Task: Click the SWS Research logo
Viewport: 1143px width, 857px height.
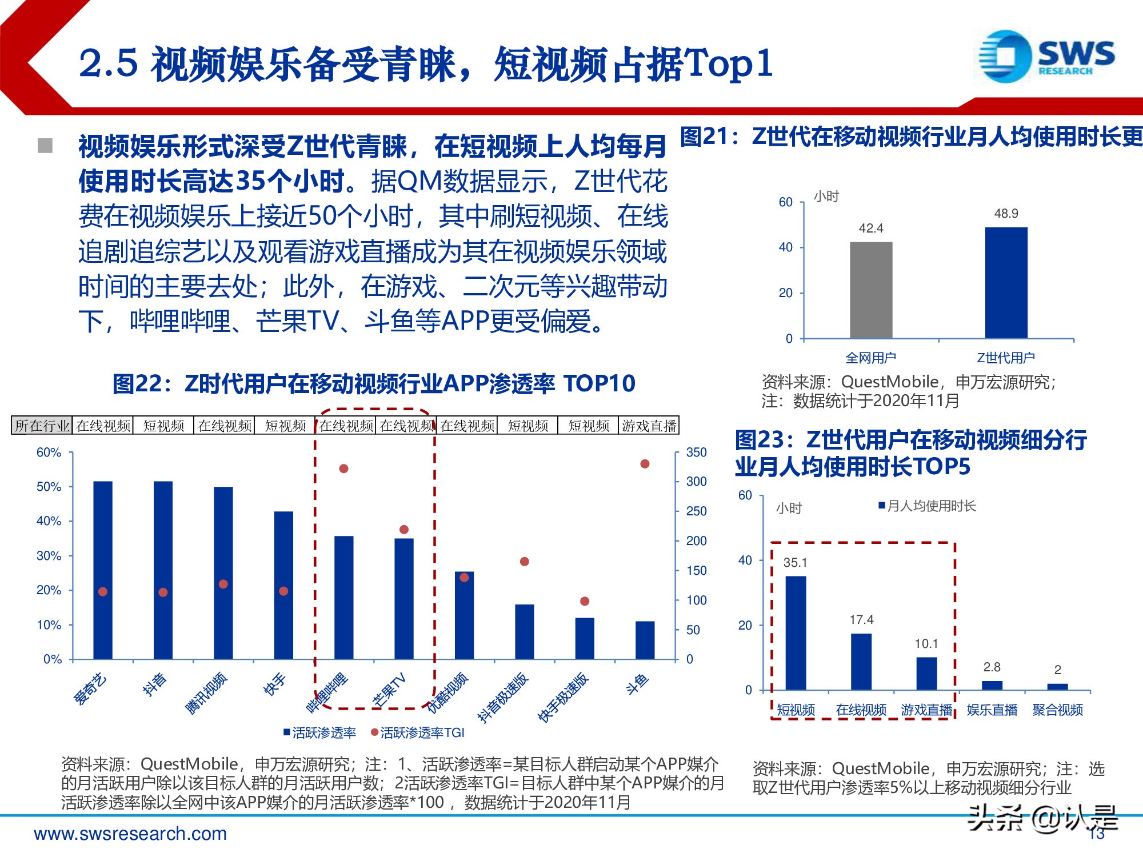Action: tap(1046, 56)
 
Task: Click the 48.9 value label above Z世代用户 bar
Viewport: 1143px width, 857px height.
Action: tap(1006, 214)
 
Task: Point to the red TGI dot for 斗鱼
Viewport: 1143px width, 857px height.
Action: tap(645, 464)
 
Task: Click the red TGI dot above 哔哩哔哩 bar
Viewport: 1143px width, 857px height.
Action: tap(343, 468)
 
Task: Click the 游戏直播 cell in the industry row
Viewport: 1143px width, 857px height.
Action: tap(649, 426)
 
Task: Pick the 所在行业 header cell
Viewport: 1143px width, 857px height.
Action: tap(42, 426)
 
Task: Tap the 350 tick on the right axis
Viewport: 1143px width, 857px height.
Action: tap(696, 452)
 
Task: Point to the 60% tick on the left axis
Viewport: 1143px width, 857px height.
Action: tap(49, 452)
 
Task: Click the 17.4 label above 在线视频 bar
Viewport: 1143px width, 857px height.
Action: tap(861, 620)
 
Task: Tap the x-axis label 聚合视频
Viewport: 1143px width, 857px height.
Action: tap(1057, 710)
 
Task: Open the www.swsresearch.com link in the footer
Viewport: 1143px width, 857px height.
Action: tap(130, 834)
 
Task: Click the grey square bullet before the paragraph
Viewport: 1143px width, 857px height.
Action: tap(45, 146)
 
